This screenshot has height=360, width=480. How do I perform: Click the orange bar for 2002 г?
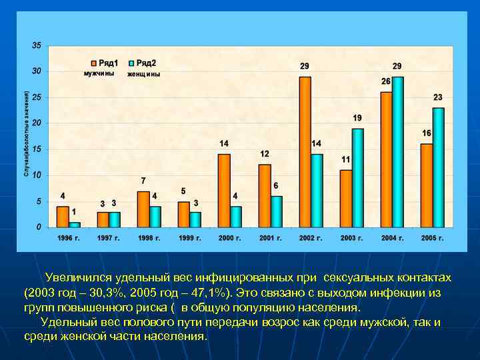tap(305, 151)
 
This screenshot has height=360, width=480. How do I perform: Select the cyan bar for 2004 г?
tap(398, 151)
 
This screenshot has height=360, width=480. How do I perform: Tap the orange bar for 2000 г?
tap(224, 190)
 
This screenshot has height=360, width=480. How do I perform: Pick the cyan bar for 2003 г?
tap(357, 177)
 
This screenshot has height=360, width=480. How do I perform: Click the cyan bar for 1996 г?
tap(75, 225)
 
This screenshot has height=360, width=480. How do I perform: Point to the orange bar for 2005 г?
tap(426, 185)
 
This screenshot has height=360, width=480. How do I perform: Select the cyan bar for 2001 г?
tap(277, 211)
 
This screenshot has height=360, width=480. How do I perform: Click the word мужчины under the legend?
tap(99, 73)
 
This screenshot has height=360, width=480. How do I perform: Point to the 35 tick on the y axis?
tap(36, 45)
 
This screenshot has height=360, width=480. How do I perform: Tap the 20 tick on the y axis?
tap(36, 123)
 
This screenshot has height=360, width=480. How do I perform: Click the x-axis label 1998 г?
tap(149, 237)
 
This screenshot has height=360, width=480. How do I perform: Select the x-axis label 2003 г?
tap(351, 237)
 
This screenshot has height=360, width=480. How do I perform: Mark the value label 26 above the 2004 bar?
tap(386, 81)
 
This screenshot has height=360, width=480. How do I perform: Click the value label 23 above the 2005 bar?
tap(438, 97)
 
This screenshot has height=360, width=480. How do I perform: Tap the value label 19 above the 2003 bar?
tap(357, 118)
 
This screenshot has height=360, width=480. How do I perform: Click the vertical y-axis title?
tap(26, 134)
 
